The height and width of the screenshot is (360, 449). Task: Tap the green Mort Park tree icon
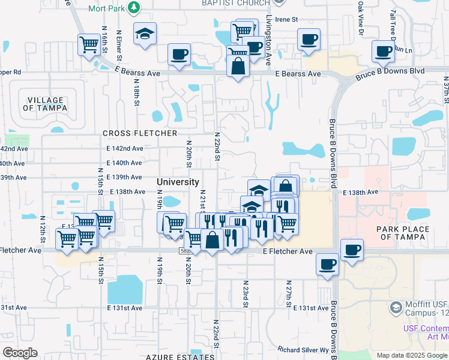(135, 8)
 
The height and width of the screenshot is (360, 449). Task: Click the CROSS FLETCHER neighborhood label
(140, 133)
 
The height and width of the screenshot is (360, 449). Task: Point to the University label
(178, 182)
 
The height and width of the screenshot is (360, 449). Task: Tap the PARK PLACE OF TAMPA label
(403, 233)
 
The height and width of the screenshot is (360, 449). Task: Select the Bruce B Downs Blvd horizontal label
(390, 71)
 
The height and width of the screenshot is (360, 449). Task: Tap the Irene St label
(286, 20)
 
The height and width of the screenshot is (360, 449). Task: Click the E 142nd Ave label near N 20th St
(125, 148)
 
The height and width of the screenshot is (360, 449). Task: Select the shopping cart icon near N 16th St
(89, 44)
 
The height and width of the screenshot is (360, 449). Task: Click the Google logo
(20, 353)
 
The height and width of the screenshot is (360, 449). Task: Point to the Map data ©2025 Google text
(411, 355)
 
